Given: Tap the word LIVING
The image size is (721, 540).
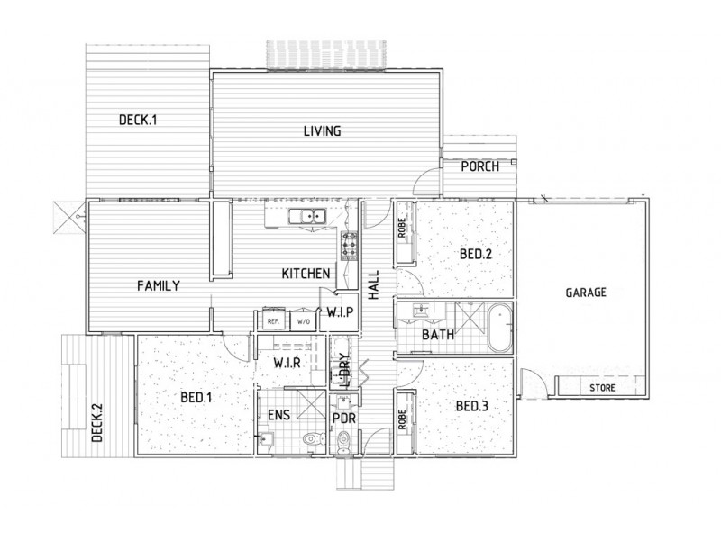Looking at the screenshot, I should pos(321,131).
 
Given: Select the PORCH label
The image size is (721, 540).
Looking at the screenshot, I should pos(479,166).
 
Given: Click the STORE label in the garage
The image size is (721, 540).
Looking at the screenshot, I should pos(602,389).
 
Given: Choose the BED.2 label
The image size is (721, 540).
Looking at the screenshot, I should pos(475,255).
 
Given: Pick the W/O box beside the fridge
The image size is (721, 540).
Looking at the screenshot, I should pos(304,320).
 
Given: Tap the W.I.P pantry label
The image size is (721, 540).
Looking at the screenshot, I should pos(343,311).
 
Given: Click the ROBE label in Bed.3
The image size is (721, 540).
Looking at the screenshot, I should pos(403,419).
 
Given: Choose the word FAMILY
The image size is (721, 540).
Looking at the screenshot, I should pos(159,285).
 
